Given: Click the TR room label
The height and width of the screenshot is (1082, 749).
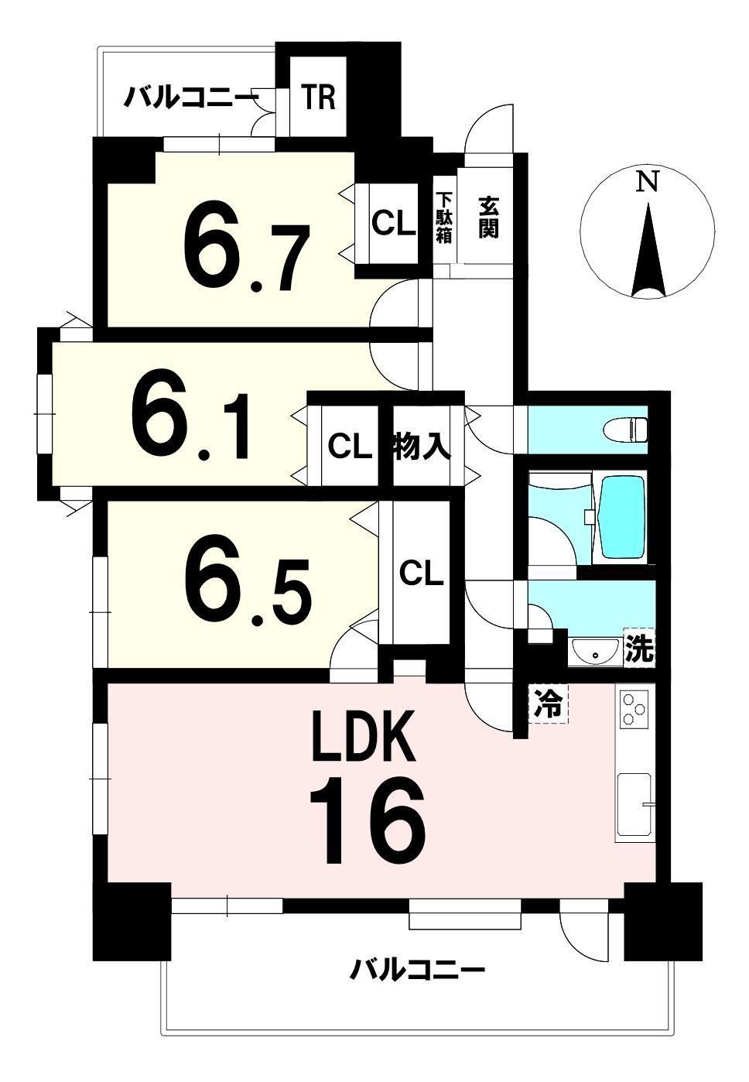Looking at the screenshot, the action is tap(319, 97).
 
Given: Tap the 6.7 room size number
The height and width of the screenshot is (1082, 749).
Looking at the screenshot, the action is tap(245, 251).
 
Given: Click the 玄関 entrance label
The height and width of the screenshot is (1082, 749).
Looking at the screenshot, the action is tap(488, 217).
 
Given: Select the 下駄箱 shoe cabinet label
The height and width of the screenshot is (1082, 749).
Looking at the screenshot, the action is tap(443, 217).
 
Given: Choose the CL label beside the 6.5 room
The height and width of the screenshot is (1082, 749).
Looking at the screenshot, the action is tap(421, 574).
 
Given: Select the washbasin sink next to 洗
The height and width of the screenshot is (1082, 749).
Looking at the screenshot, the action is tap(594, 650).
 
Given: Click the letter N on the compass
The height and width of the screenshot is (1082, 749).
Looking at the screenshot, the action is tap(647, 182).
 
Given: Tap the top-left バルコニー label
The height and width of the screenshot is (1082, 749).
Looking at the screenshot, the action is tap(188, 98).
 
